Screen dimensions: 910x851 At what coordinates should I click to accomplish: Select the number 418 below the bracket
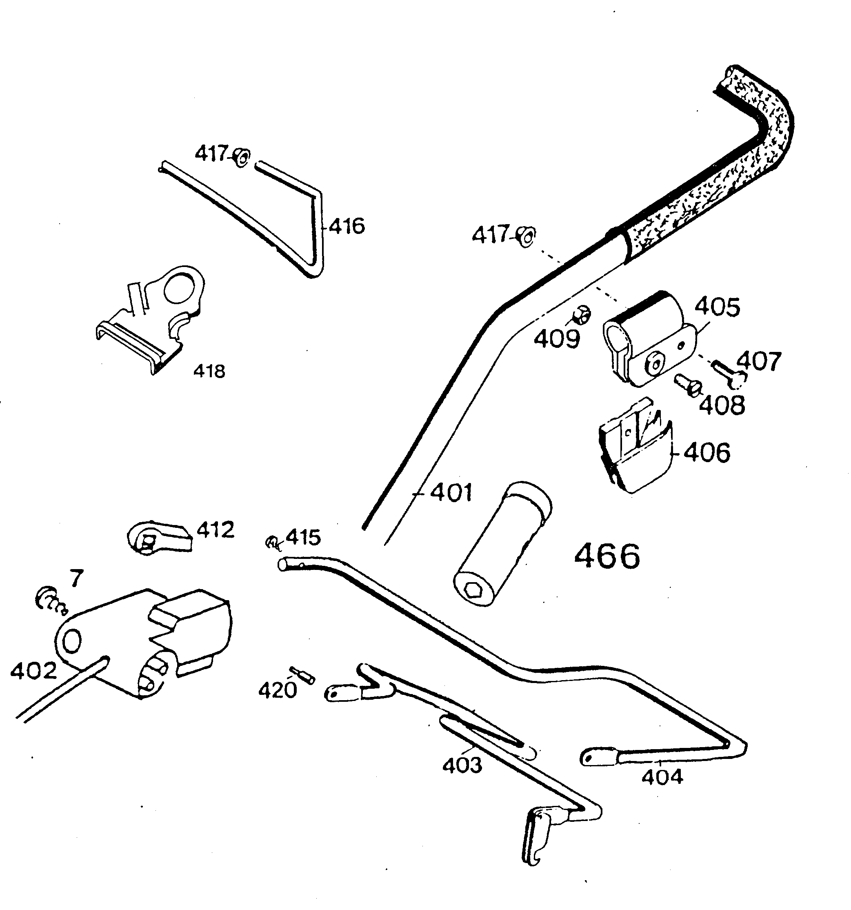(209, 371)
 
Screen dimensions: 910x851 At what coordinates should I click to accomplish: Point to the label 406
(707, 453)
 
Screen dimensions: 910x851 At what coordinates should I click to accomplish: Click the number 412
(215, 530)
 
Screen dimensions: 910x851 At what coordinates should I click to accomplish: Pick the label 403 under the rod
(462, 765)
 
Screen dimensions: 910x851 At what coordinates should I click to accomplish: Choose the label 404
(662, 777)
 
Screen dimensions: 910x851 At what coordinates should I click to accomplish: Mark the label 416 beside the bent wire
(347, 226)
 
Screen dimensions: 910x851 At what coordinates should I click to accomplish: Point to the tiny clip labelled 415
(271, 543)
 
